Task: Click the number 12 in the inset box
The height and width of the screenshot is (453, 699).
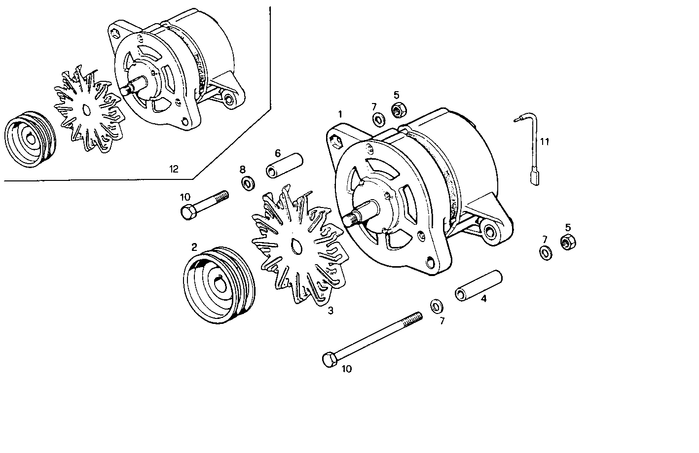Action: (x=173, y=169)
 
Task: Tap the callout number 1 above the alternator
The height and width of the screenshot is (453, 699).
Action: (x=340, y=114)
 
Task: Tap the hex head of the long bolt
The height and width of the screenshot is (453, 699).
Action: (x=329, y=360)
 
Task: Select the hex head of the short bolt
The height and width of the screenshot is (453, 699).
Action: (x=188, y=213)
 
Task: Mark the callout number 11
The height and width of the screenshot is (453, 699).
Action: (x=544, y=142)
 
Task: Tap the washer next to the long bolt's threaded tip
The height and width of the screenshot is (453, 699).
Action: (x=437, y=306)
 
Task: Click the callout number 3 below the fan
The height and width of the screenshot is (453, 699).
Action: (x=331, y=311)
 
